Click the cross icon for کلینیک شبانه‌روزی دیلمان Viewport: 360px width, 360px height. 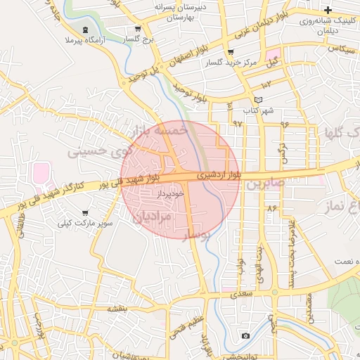(328, 10)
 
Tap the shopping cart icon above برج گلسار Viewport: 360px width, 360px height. (138, 30)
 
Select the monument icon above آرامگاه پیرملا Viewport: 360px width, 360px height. (86, 30)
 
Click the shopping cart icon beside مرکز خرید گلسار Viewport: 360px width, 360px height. (230, 53)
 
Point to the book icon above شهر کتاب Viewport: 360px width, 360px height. (258, 100)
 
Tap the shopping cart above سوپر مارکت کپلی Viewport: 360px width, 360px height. (85, 212)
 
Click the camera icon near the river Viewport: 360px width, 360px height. (245, 335)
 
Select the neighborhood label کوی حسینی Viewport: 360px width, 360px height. (98, 150)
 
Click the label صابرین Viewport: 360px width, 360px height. (264, 185)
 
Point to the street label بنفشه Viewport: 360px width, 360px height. (117, 308)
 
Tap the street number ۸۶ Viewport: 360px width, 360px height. (271, 208)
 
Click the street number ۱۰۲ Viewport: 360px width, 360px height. (266, 83)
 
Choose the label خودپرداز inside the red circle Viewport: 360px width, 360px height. (169, 192)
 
